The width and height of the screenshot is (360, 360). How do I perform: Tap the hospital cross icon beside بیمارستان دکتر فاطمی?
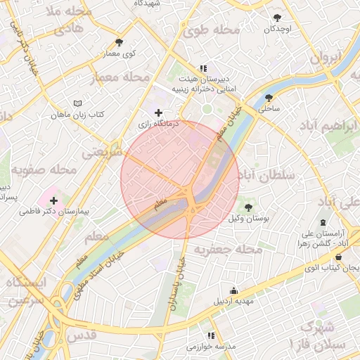point(53,201)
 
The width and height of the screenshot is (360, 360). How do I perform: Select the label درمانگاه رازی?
point(159,123)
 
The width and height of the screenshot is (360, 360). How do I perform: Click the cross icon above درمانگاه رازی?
point(158,112)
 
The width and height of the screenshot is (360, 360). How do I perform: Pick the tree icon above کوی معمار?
point(119,43)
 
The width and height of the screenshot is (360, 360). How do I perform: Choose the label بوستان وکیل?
point(250,218)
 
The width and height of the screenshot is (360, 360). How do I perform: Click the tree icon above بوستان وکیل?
point(248,207)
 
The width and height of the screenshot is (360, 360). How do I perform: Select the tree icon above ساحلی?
point(269,98)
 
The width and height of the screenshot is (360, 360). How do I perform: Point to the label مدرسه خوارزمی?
point(211,347)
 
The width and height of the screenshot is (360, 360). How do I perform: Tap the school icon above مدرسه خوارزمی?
point(210,336)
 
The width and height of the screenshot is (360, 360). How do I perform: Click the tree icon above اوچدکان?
point(278,18)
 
